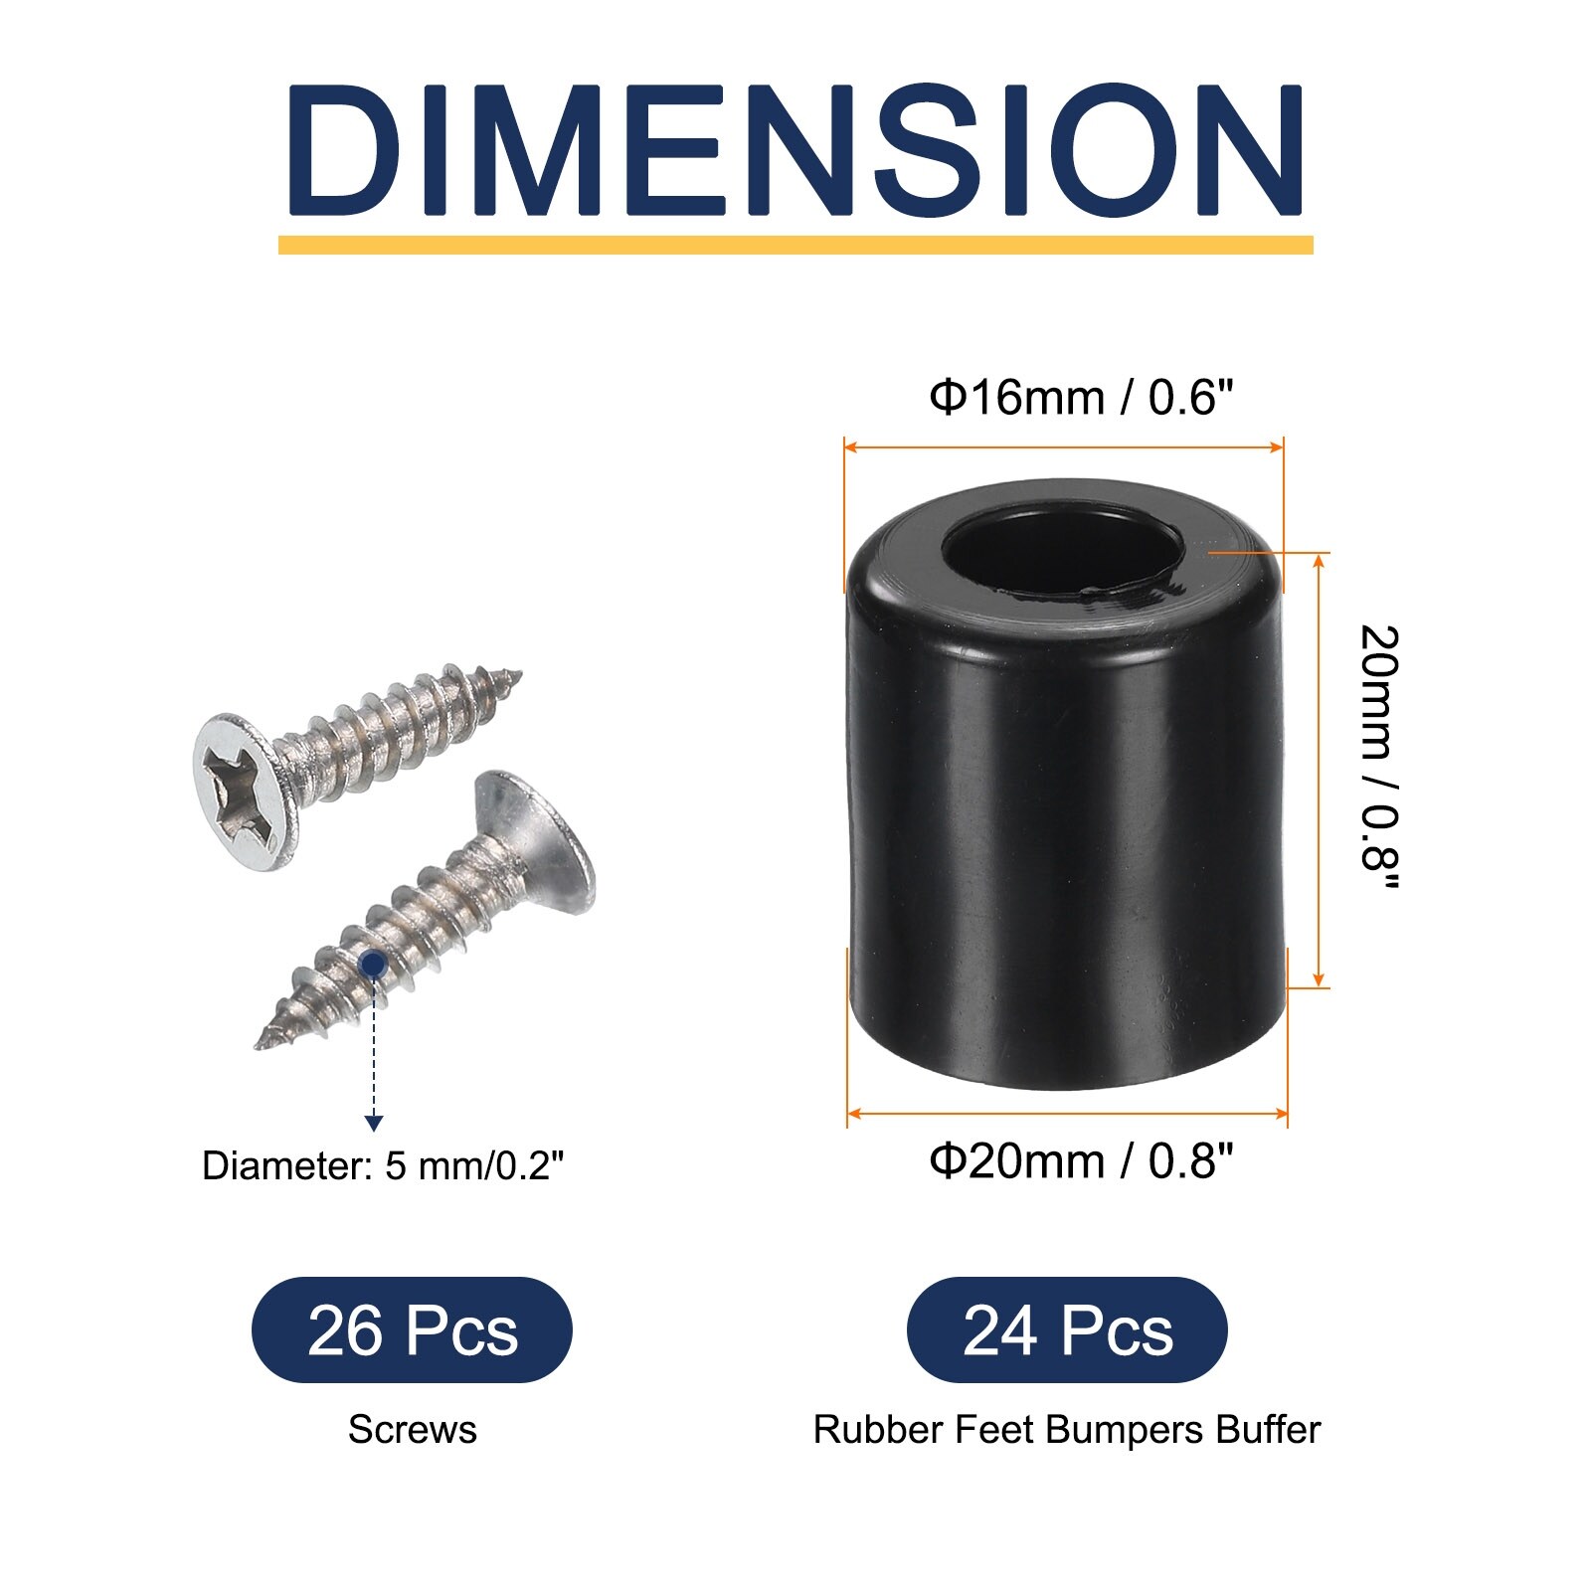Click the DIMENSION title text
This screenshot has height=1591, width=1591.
[795, 150]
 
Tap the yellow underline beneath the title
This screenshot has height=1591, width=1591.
[795, 245]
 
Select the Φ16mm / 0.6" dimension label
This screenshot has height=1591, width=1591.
[1081, 398]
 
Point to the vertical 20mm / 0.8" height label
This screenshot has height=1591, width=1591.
[1380, 758]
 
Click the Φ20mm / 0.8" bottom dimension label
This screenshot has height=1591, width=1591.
[1081, 1160]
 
